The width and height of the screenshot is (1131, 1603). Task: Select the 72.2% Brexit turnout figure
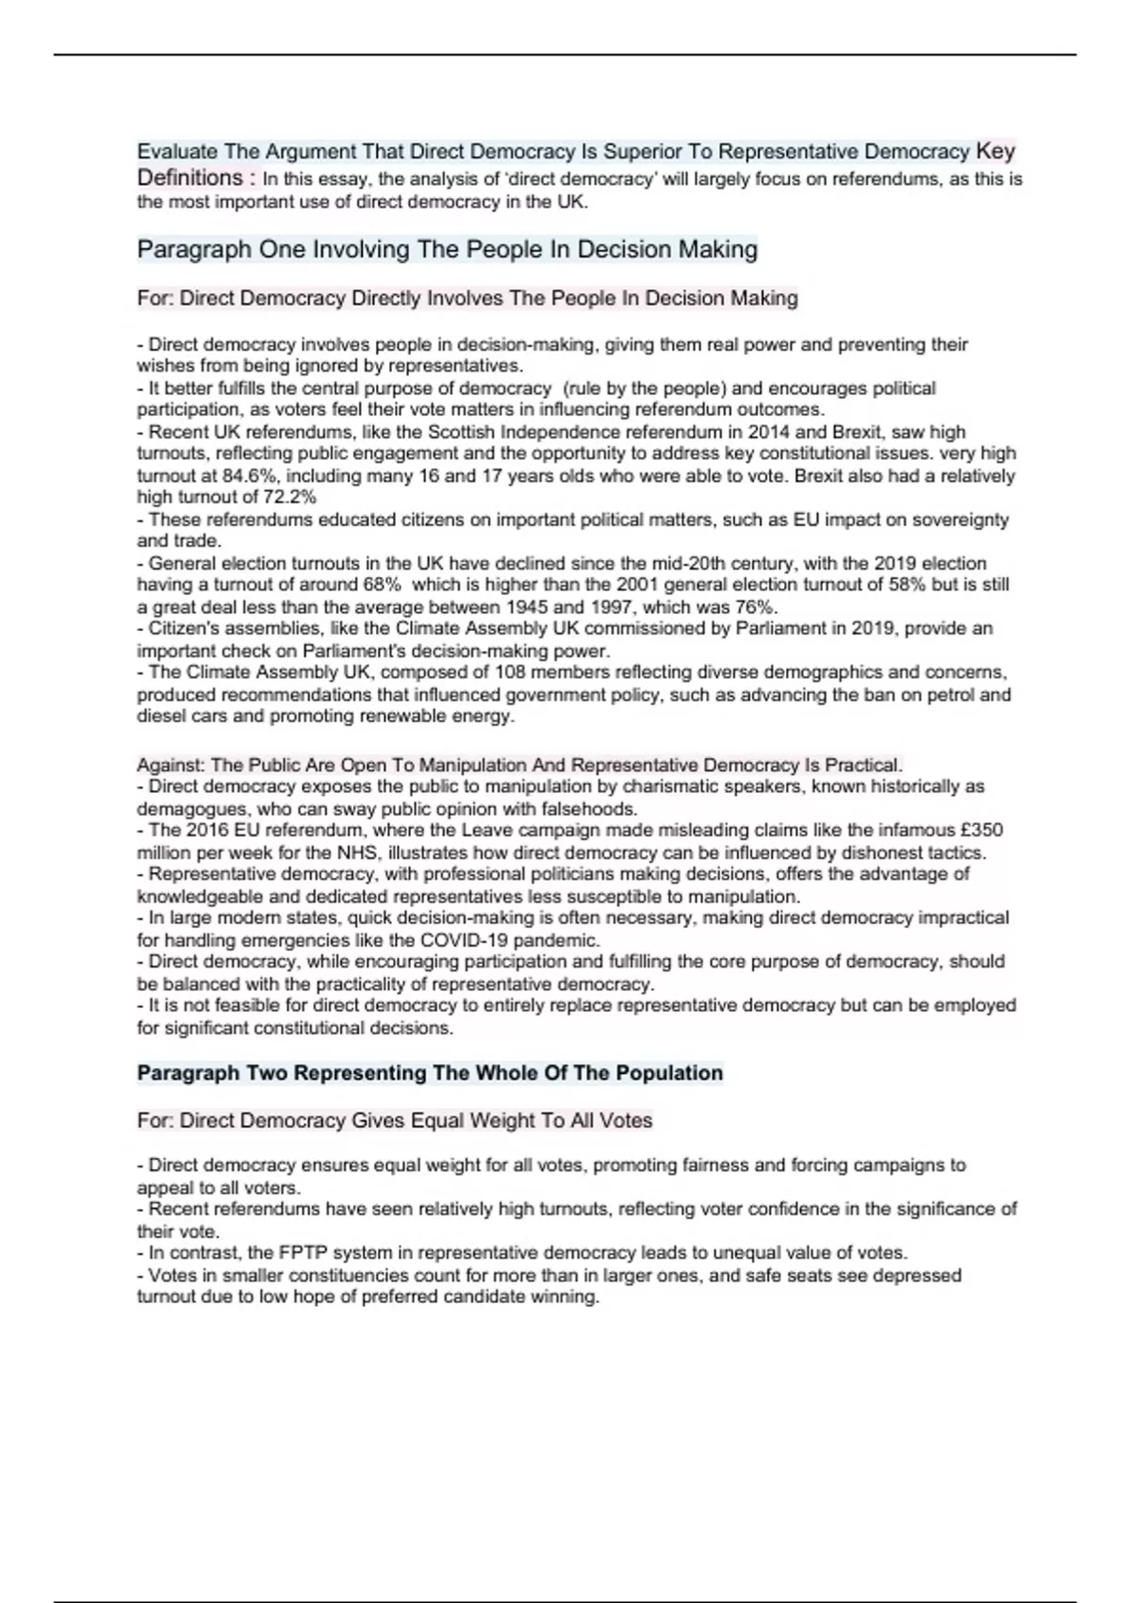(x=289, y=497)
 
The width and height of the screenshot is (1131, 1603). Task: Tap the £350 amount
(x=979, y=831)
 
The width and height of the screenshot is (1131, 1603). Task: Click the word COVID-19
(x=460, y=940)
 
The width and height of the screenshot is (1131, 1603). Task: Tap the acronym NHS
(x=356, y=852)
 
